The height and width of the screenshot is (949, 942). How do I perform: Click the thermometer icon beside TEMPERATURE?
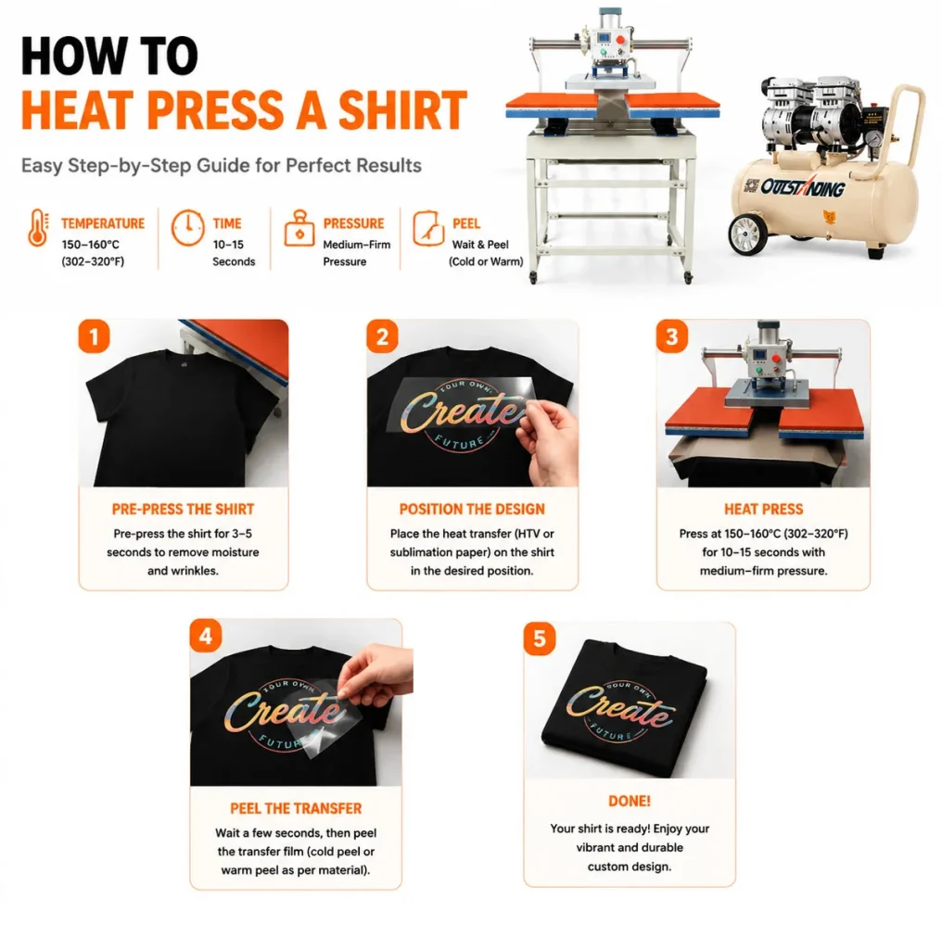[38, 228]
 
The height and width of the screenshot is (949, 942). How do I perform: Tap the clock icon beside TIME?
[187, 228]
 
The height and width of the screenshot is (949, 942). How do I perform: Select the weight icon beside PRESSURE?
[299, 228]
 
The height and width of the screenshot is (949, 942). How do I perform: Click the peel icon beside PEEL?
[428, 228]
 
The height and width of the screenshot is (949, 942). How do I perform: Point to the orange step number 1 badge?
[94, 335]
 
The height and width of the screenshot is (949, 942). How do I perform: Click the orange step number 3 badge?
[672, 335]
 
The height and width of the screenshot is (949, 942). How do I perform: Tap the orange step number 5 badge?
[540, 639]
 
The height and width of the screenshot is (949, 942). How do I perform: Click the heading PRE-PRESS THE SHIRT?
[183, 510]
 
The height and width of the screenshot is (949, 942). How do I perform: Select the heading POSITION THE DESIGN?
[472, 510]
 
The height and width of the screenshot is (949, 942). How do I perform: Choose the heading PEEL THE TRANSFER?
[296, 808]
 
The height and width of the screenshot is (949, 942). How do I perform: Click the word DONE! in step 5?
[630, 802]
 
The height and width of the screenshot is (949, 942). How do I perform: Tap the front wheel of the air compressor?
[747, 234]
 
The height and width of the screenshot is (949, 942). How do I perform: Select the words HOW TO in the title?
[109, 56]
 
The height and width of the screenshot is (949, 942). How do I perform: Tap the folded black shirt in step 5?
[624, 707]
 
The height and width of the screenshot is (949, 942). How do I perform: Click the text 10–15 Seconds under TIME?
[233, 253]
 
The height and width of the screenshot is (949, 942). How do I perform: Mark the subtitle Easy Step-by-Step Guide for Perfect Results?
[222, 166]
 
